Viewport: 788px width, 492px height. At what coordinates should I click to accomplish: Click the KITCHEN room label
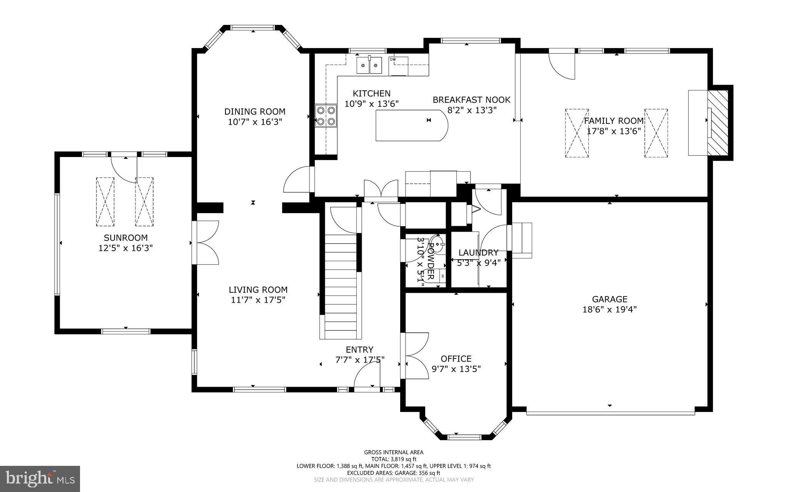(x=371, y=93)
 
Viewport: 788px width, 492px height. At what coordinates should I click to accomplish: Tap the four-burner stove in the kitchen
(x=326, y=116)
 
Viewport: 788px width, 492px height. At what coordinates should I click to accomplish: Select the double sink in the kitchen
(x=369, y=65)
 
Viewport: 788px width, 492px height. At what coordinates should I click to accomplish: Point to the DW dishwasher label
(x=392, y=60)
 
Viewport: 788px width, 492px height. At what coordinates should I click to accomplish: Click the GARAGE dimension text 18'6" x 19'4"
(x=609, y=309)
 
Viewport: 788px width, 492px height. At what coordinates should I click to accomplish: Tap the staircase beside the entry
(x=341, y=285)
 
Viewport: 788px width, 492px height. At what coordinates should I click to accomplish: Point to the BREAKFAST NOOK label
(x=471, y=100)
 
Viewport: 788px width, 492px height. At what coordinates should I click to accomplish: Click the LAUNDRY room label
(x=478, y=253)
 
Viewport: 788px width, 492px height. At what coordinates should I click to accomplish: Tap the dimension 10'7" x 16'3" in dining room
(x=255, y=122)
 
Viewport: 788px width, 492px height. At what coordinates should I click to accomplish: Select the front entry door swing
(x=367, y=377)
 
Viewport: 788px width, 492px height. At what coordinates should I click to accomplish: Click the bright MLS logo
(x=40, y=479)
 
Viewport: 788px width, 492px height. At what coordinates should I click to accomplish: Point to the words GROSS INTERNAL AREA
(x=394, y=452)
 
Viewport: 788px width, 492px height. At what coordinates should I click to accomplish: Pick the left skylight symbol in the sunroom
(x=105, y=202)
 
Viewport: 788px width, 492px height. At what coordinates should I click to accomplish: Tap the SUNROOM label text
(x=125, y=238)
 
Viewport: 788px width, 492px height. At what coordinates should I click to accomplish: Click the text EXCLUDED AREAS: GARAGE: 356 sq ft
(x=394, y=473)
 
